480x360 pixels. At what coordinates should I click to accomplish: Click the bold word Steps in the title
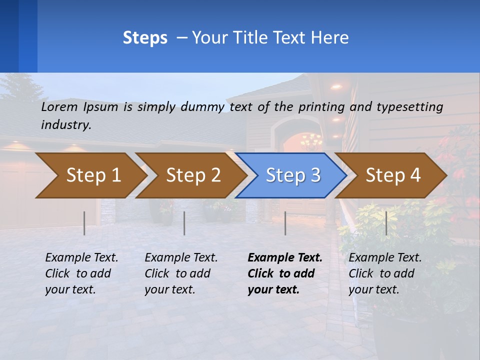[x=145, y=38]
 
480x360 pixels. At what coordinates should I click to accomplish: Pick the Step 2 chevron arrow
[x=190, y=175]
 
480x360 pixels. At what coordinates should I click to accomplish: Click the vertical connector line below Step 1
[x=84, y=223]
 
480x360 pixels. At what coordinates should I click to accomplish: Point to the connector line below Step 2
[x=184, y=223]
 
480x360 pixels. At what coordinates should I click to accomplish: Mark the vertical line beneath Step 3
[x=285, y=223]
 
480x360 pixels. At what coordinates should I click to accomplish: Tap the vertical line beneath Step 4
[x=386, y=223]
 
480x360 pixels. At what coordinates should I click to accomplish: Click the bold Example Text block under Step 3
[x=285, y=273]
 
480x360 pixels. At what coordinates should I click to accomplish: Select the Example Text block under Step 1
[x=81, y=273]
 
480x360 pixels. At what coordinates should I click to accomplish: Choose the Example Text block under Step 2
[x=181, y=273]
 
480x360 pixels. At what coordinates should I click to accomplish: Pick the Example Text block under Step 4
[x=385, y=273]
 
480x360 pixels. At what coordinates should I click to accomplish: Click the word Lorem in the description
[x=59, y=107]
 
